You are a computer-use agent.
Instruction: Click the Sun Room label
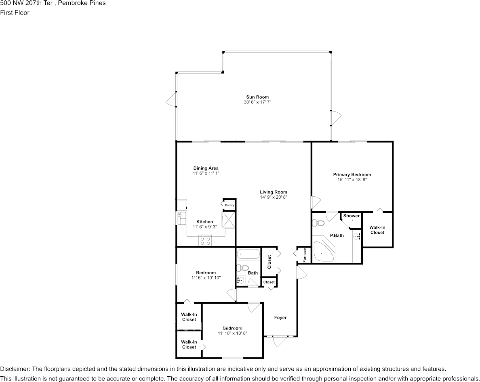click(257, 97)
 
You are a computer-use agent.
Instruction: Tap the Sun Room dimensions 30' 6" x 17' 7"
click(257, 102)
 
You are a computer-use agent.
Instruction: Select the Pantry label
click(229, 205)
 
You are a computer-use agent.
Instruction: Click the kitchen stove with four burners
click(205, 240)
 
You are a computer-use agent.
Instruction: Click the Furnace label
click(305, 255)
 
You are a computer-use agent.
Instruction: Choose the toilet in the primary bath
click(318, 222)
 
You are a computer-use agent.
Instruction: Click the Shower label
click(352, 216)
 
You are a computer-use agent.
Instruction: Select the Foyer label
click(280, 317)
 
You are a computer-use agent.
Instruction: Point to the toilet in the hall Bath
click(242, 268)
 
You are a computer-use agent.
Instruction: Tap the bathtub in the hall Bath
click(248, 254)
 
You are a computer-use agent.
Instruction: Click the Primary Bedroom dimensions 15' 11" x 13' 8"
click(352, 180)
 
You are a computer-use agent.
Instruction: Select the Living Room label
click(274, 192)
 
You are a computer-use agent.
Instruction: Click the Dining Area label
click(206, 168)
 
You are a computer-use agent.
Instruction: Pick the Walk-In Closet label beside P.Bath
click(377, 230)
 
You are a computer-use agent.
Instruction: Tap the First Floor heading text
click(15, 13)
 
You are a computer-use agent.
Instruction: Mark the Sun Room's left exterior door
click(171, 99)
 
